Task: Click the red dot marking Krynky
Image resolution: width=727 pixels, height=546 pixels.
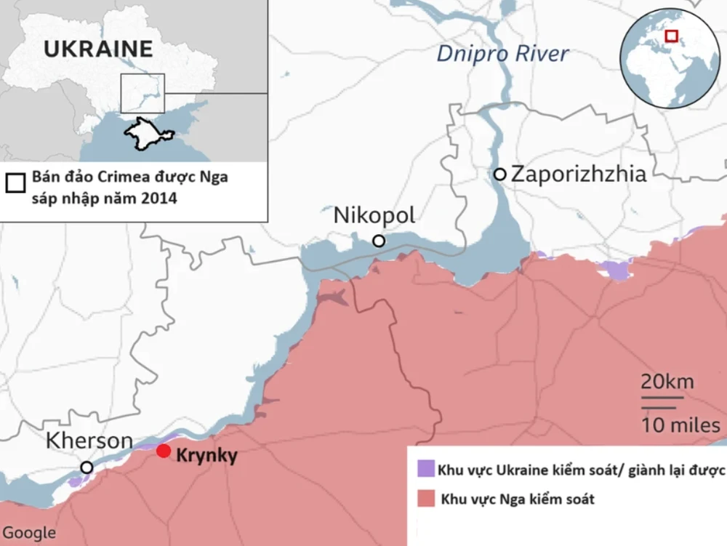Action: (x=163, y=451)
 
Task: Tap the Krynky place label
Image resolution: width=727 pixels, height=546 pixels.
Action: (x=206, y=456)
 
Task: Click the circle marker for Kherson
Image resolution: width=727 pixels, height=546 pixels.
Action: (x=87, y=467)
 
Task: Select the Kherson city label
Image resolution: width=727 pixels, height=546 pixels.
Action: (x=89, y=441)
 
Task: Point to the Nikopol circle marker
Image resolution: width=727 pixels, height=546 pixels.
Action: (x=378, y=241)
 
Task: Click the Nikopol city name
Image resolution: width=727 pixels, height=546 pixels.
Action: (x=374, y=215)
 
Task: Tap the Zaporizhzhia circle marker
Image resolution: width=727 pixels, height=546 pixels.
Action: (x=499, y=174)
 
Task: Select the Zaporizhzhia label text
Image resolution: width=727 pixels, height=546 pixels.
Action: (x=578, y=174)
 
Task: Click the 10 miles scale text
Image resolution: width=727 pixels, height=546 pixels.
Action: (x=680, y=425)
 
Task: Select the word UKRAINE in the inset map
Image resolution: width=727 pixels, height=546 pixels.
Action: (x=98, y=49)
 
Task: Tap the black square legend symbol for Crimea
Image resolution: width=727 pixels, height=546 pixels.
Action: (x=13, y=181)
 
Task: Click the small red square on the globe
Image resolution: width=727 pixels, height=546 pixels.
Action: (x=672, y=35)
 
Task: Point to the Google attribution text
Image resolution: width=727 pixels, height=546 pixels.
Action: (x=28, y=532)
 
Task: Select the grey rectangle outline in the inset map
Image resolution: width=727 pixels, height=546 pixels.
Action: (x=142, y=93)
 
